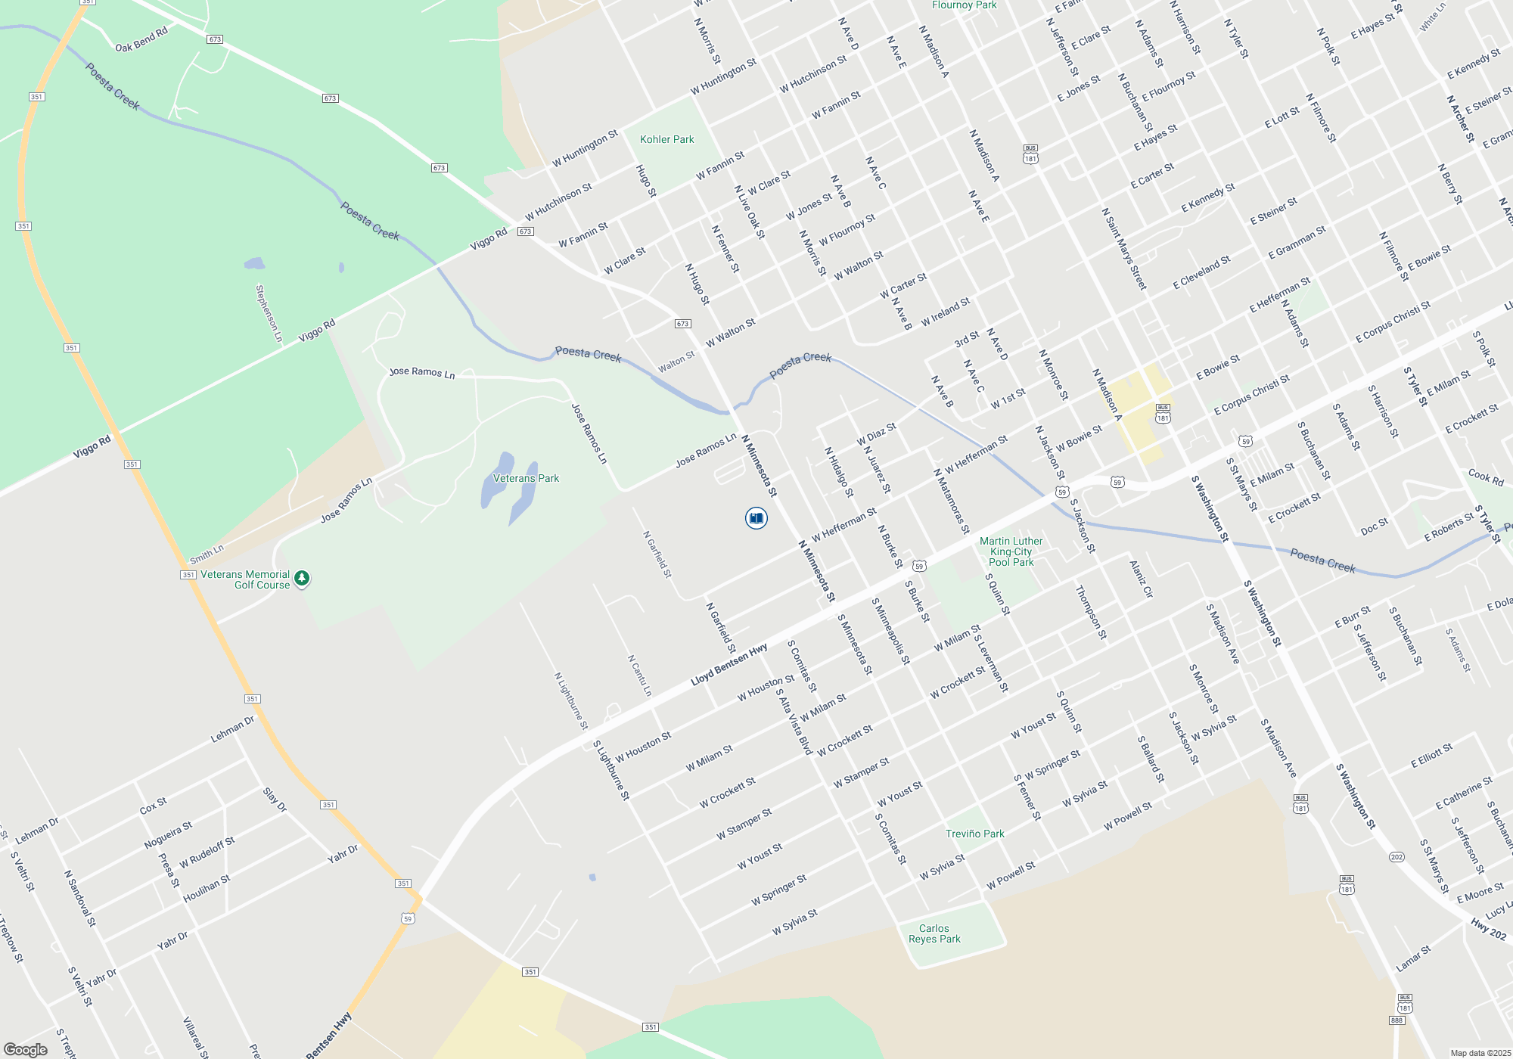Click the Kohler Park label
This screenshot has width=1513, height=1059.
(x=666, y=139)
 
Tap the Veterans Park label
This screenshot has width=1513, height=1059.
(x=526, y=478)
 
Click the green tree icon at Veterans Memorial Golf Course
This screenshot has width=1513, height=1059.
(x=302, y=579)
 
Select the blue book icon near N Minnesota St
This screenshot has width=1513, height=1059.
(x=756, y=518)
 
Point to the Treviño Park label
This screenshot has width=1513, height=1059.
(x=974, y=834)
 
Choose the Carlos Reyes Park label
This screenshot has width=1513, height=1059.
(x=934, y=933)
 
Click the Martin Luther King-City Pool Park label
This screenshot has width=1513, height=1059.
(x=1011, y=551)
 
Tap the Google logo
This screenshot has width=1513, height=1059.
(x=26, y=1050)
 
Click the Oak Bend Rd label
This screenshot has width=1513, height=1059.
(x=141, y=41)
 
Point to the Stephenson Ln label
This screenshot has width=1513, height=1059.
(x=269, y=313)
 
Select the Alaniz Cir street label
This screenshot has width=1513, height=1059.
(x=1141, y=579)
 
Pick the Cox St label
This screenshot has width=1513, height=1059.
(x=153, y=806)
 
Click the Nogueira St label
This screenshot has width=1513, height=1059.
(x=168, y=835)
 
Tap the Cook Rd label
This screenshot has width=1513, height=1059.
(x=1486, y=477)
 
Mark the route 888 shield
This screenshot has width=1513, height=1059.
(x=1396, y=1020)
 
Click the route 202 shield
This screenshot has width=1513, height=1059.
(x=1396, y=857)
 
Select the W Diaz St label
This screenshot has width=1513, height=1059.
(x=876, y=434)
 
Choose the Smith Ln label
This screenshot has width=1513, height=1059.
(x=207, y=554)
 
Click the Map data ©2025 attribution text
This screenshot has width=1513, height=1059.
(x=1480, y=1053)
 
